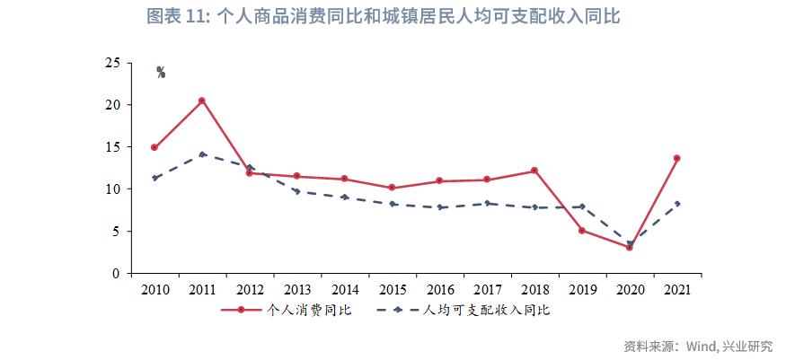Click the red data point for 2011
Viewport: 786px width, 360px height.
click(202, 101)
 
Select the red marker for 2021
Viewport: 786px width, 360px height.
click(676, 158)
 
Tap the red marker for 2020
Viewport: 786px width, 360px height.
click(630, 247)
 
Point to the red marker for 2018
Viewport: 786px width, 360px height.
click(534, 171)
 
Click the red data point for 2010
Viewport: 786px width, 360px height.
click(155, 147)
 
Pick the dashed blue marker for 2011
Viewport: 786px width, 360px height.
click(202, 154)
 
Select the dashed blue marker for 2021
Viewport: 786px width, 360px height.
click(676, 204)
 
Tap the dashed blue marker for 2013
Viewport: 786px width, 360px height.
click(297, 191)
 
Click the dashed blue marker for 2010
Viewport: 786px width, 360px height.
click(155, 178)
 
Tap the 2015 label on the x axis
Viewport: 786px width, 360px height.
click(392, 290)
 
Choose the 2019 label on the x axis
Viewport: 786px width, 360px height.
click(582, 290)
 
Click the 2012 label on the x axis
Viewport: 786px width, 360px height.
click(250, 290)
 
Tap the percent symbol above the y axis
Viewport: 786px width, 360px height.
click(161, 73)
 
